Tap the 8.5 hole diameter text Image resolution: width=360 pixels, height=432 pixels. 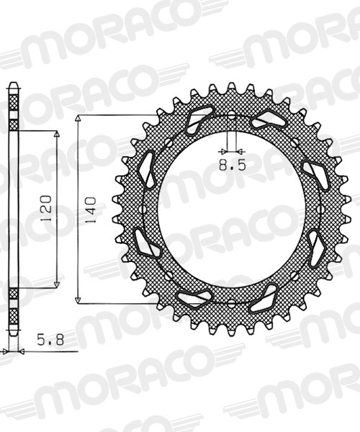pos(233,165)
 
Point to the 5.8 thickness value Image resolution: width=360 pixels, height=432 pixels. pos(48,336)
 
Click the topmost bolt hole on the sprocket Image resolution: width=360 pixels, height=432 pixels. pos(233,116)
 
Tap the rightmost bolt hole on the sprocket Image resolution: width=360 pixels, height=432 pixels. pos(323,210)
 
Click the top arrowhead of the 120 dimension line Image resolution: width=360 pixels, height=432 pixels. pos(56,135)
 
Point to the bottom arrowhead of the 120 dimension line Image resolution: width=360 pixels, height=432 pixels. pos(56,285)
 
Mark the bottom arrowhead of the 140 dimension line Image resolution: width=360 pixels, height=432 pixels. pos(78,300)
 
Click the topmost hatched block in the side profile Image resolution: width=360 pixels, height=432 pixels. pos(13,108)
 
